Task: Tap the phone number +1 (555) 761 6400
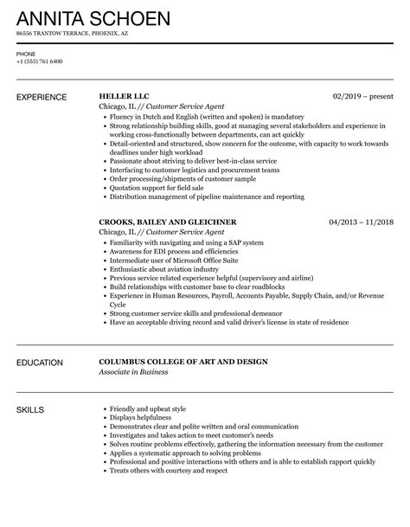(39, 61)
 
